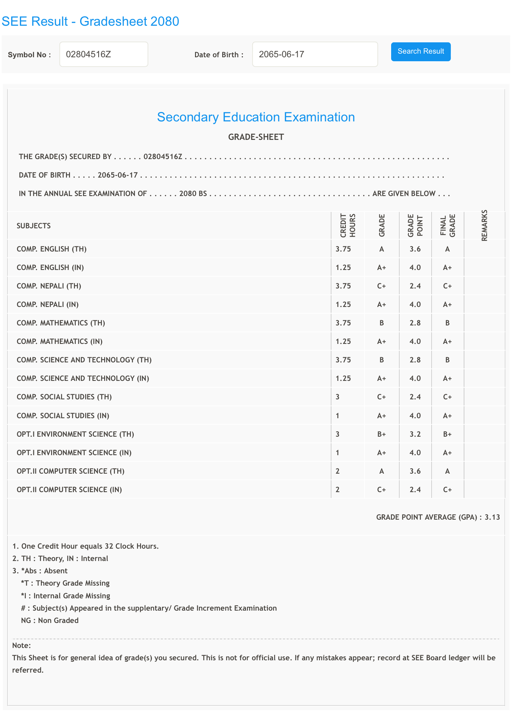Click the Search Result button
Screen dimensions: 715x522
pyautogui.click(x=420, y=51)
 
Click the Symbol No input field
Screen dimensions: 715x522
pyautogui.click(x=104, y=54)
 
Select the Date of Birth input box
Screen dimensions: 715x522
pyautogui.click(x=315, y=54)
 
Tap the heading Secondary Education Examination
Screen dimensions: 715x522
pyautogui.click(x=256, y=117)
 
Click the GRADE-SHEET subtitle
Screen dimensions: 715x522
pyautogui.click(x=256, y=137)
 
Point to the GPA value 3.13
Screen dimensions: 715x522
pyautogui.click(x=492, y=517)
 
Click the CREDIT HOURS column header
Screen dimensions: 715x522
pyautogui.click(x=348, y=226)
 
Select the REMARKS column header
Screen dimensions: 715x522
pyautogui.click(x=484, y=225)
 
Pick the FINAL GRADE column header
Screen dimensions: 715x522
pyautogui.click(x=447, y=225)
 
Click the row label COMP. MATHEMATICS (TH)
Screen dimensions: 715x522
pyautogui.click(x=61, y=323)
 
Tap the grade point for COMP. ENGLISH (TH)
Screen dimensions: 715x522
pyautogui.click(x=415, y=249)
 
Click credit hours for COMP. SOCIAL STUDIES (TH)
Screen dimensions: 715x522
pyautogui.click(x=337, y=397)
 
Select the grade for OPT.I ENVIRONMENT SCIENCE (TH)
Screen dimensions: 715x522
pyautogui.click(x=381, y=434)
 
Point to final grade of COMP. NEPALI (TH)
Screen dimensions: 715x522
pyautogui.click(x=447, y=286)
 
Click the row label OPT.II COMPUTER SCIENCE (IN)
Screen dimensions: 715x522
pyautogui.click(x=69, y=490)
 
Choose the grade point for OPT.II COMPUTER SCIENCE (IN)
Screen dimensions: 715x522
pyautogui.click(x=415, y=490)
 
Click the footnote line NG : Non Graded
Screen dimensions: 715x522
pyautogui.click(x=50, y=620)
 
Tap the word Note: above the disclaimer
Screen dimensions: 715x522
pyautogui.click(x=21, y=645)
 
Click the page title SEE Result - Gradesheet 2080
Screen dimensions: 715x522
pyautogui.click(x=90, y=21)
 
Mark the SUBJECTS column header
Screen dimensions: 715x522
pyautogui.click(x=34, y=226)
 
